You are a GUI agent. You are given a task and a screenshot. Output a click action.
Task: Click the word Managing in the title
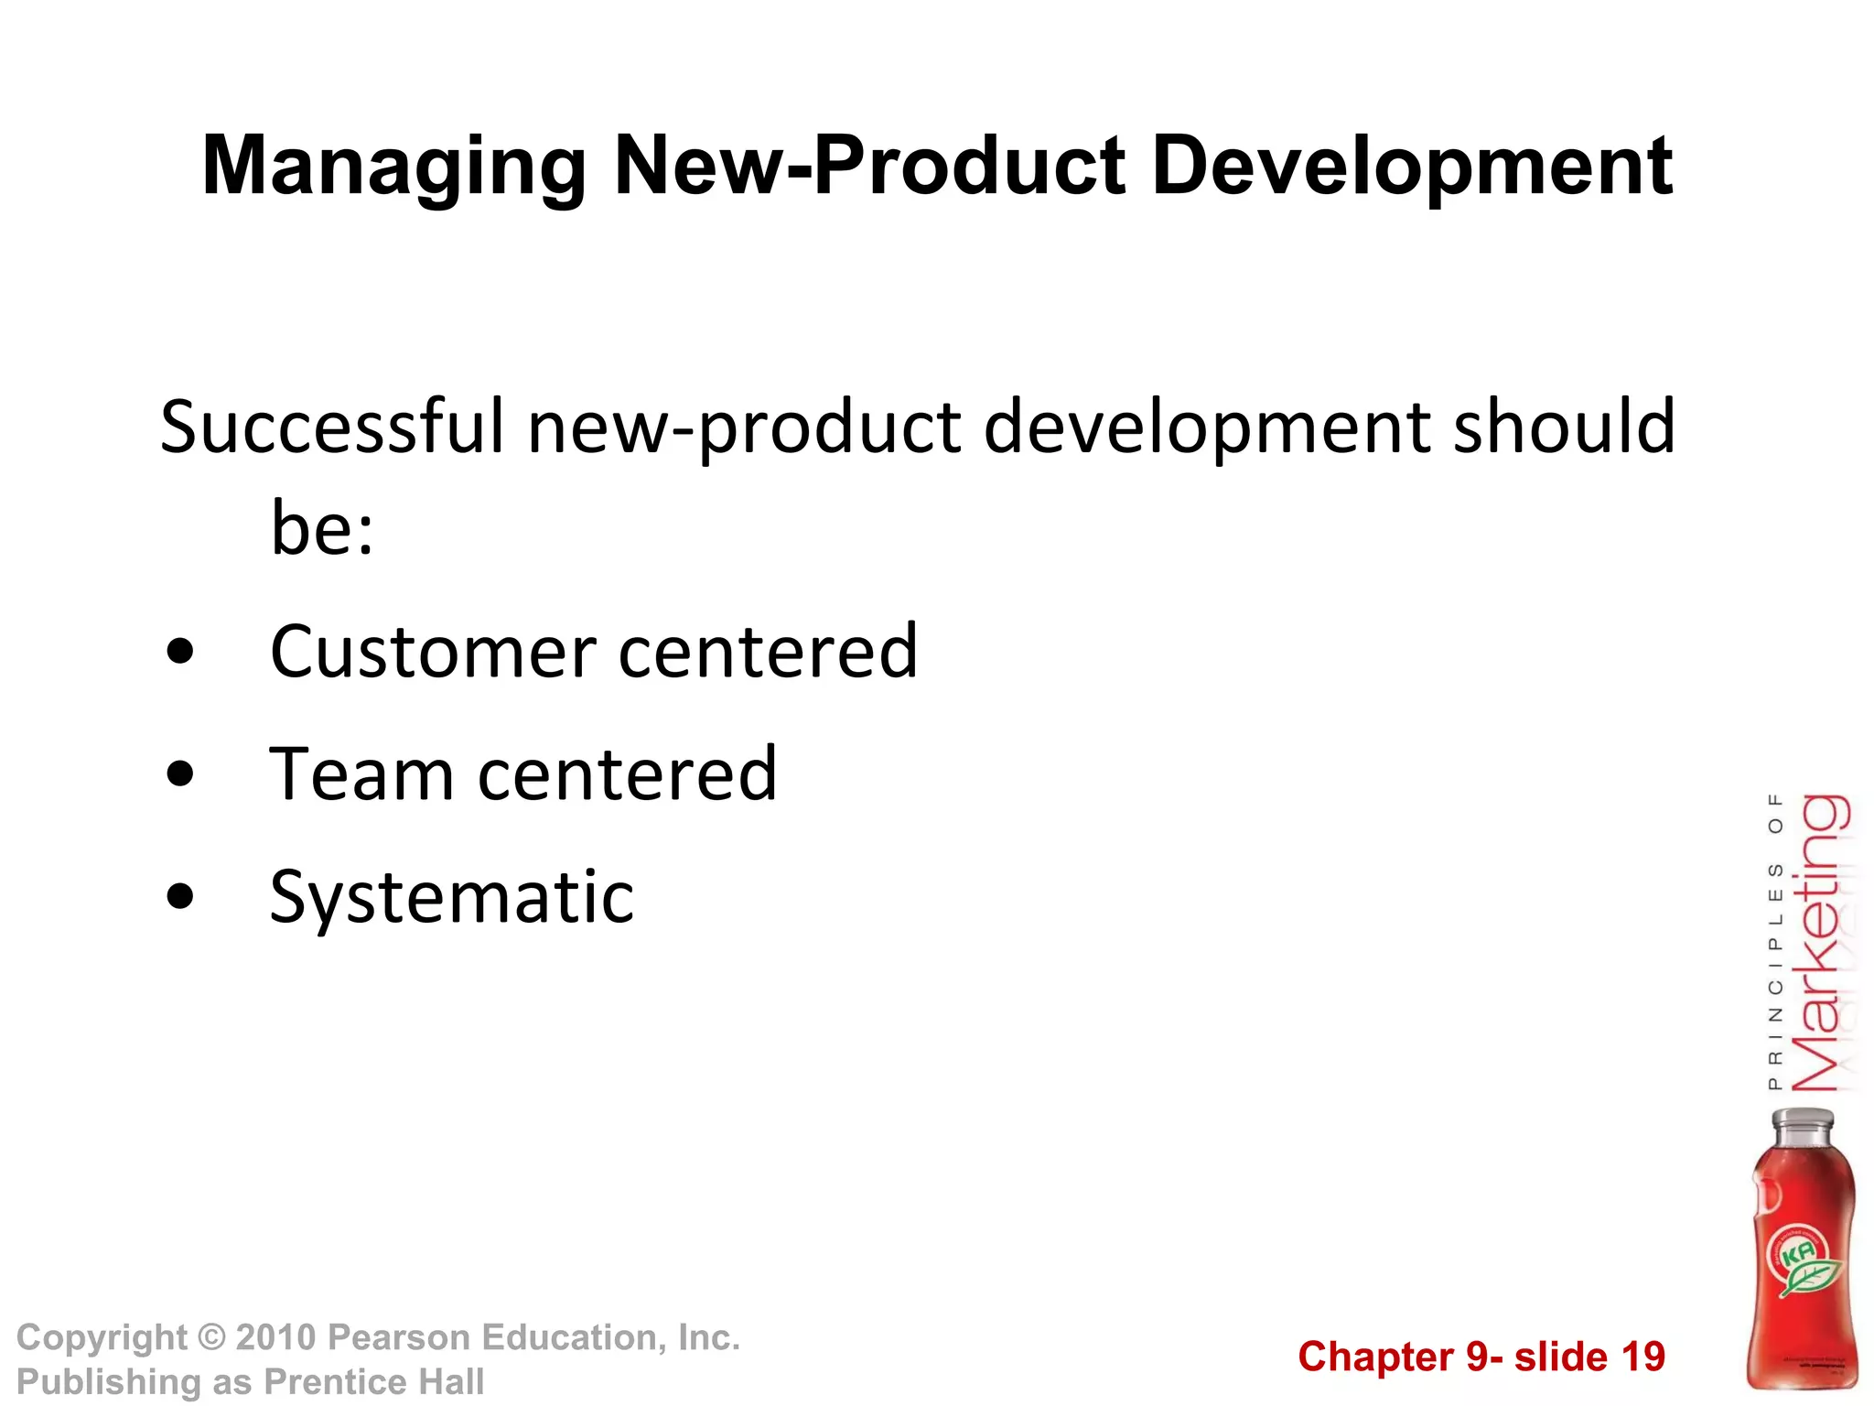pos(393,168)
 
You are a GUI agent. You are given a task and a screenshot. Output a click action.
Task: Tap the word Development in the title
pos(1412,168)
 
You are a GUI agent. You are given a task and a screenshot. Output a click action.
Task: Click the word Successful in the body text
pos(332,427)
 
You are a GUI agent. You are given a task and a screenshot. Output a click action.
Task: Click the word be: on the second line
pos(322,529)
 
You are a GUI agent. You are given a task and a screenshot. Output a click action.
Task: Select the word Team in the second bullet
pos(361,774)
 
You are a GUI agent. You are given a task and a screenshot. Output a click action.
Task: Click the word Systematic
pos(452,897)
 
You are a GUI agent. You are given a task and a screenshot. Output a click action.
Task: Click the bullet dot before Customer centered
pos(181,652)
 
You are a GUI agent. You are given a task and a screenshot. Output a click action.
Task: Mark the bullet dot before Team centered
pos(181,774)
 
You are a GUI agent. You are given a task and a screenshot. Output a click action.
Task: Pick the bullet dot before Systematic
pos(181,896)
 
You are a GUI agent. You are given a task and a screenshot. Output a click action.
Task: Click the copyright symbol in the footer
pos(211,1337)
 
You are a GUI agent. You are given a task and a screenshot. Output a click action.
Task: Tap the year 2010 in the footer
pos(275,1337)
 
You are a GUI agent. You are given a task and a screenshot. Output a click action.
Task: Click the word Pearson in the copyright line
pos(398,1337)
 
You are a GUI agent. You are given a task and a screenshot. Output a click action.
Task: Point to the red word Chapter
pos(1374,1357)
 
